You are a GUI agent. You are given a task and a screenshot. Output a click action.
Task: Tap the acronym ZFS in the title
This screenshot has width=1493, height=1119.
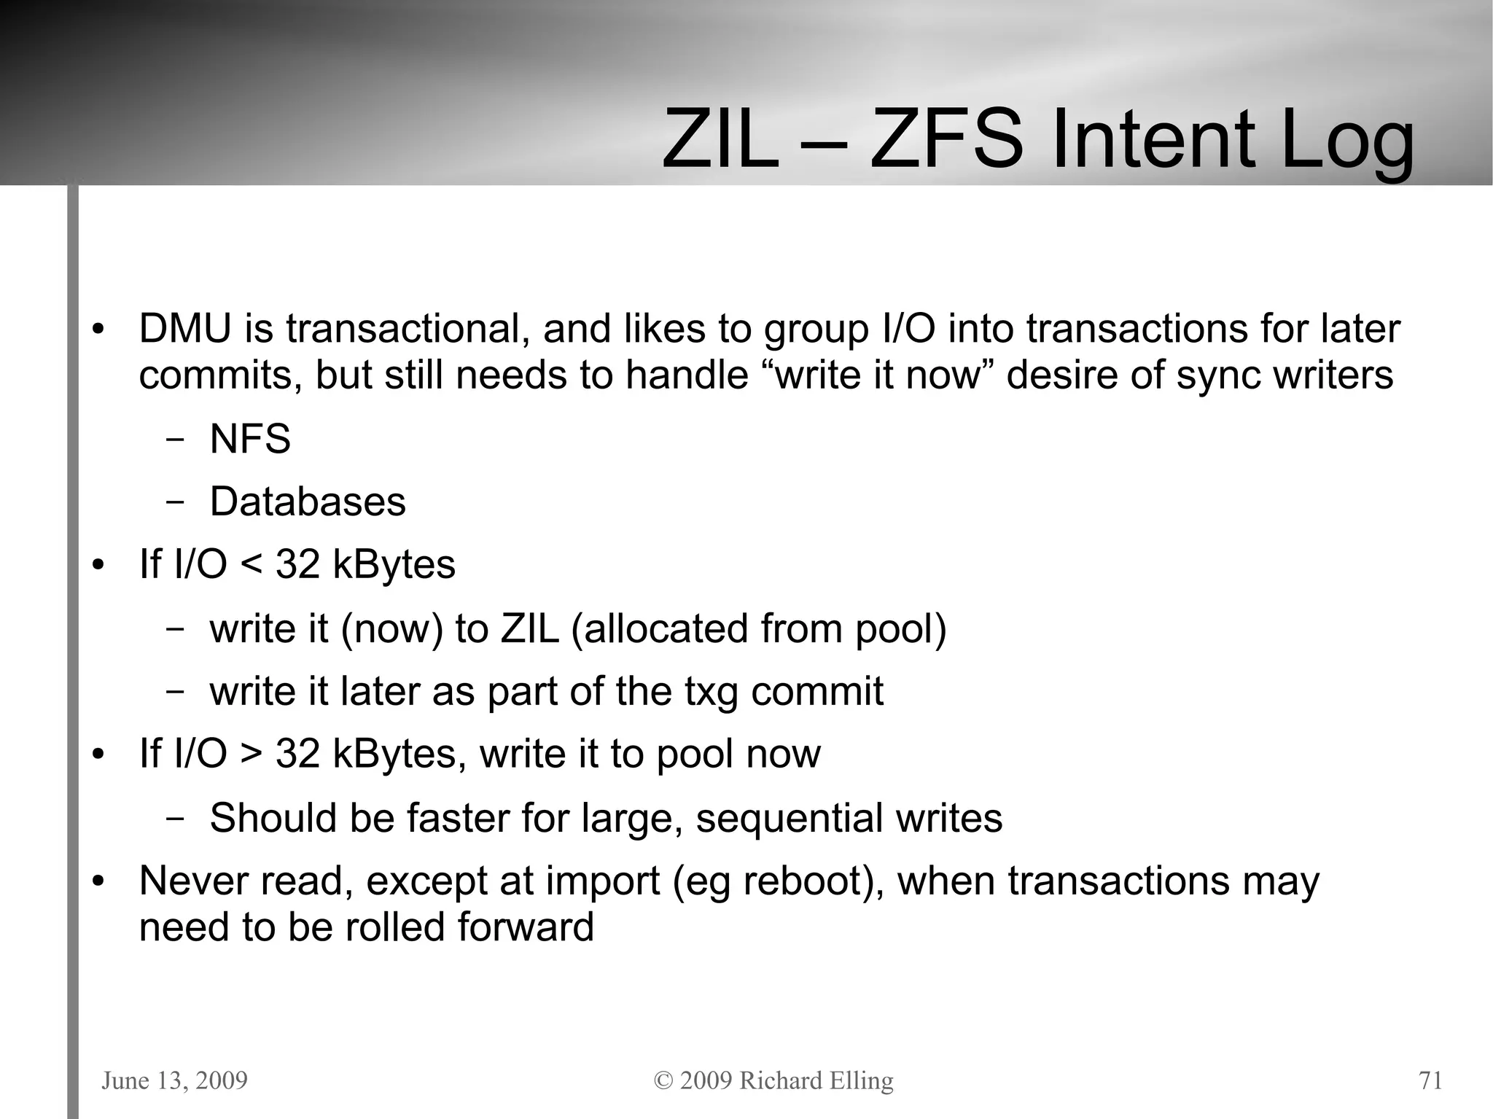[947, 139]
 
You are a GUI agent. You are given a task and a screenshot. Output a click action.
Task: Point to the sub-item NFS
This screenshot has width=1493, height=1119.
[250, 440]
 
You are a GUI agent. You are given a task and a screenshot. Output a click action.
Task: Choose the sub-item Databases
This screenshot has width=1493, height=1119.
[308, 502]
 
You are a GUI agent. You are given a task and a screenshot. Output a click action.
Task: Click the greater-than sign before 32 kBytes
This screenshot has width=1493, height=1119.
[251, 755]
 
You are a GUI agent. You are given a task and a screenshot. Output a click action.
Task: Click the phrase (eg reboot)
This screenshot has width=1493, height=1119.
[773, 881]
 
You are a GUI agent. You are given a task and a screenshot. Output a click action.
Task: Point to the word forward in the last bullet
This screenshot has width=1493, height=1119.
[526, 927]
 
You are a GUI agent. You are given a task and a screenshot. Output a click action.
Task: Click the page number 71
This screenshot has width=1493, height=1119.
[1430, 1080]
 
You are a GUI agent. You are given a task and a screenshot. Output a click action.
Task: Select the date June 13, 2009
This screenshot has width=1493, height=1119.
[175, 1080]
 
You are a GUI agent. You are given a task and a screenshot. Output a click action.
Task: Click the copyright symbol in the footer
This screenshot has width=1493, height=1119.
[663, 1080]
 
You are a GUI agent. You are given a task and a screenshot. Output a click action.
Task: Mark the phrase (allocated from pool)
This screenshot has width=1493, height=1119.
[758, 629]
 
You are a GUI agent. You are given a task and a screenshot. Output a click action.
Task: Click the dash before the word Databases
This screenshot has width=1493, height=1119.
[174, 502]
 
